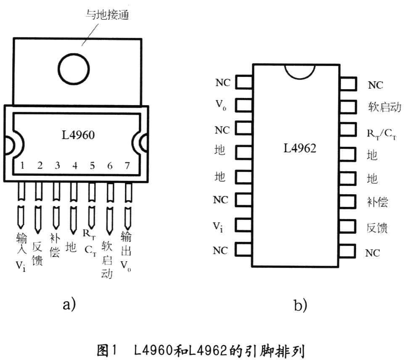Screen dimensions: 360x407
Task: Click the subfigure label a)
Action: [69, 304]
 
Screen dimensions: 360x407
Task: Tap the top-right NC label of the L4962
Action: [375, 85]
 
